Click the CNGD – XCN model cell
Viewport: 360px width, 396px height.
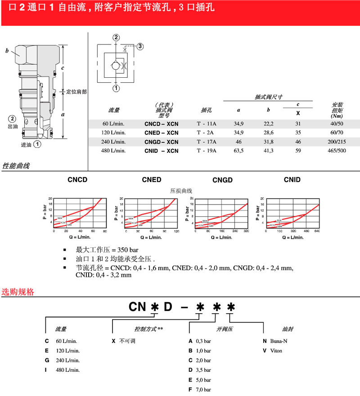click(x=161, y=142)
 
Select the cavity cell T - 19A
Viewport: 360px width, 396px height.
click(x=207, y=151)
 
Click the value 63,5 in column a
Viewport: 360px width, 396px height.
click(x=238, y=151)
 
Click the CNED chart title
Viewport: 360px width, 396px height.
click(x=151, y=180)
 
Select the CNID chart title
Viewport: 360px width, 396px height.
click(x=292, y=180)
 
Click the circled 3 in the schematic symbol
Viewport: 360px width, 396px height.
click(x=140, y=46)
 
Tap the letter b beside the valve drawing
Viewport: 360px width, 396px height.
click(x=7, y=51)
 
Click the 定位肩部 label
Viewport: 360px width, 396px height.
click(x=76, y=92)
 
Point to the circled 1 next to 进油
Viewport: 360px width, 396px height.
click(x=38, y=144)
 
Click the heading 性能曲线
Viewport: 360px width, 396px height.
click(x=16, y=166)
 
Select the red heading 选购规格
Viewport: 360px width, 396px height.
click(x=18, y=292)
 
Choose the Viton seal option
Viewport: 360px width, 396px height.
click(x=273, y=350)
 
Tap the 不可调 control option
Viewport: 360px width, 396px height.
click(x=124, y=341)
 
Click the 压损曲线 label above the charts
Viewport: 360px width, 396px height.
click(x=180, y=190)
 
